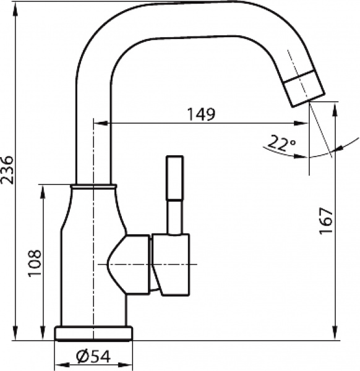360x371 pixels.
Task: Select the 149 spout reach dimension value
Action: pyautogui.click(x=202, y=114)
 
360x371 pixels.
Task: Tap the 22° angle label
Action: pyautogui.click(x=280, y=144)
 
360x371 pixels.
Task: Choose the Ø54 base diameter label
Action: pyautogui.click(x=93, y=357)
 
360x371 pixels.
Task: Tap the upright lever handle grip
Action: pyautogui.click(x=174, y=177)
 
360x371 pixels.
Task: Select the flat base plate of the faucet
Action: pyautogui.click(x=94, y=334)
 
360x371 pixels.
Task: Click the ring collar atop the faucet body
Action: pyautogui.click(x=93, y=185)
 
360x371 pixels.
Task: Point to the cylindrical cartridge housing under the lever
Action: pyautogui.click(x=171, y=264)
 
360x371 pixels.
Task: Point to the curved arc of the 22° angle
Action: pyautogui.click(x=322, y=153)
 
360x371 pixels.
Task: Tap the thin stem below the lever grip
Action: pyautogui.click(x=175, y=216)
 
